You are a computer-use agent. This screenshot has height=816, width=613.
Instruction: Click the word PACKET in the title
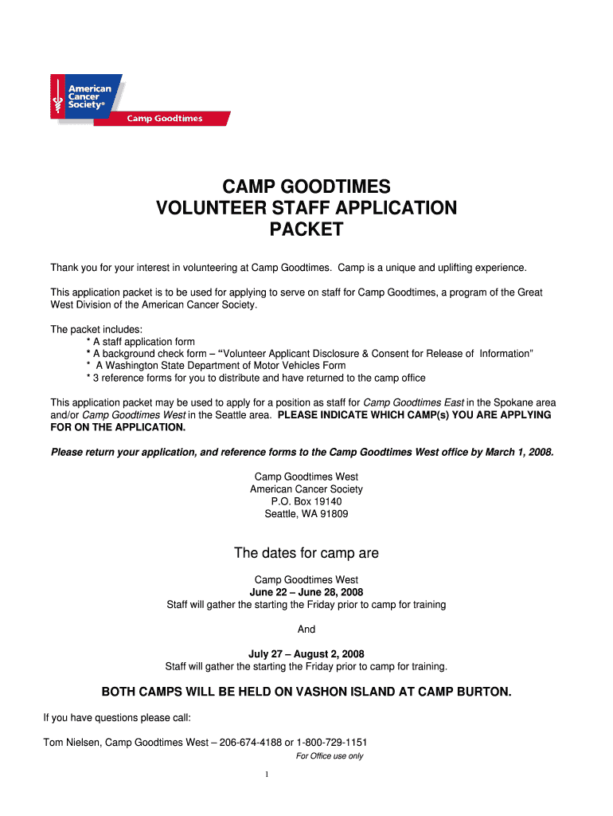(x=306, y=230)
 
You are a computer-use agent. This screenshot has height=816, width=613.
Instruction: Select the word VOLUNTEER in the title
(x=208, y=209)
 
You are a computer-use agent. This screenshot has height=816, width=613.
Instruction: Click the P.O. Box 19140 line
(x=306, y=501)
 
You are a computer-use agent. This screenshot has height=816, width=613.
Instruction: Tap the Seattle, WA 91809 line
(x=306, y=514)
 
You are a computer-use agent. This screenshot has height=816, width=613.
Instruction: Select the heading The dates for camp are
(x=306, y=553)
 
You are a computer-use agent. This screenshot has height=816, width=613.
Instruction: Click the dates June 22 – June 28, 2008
(x=306, y=592)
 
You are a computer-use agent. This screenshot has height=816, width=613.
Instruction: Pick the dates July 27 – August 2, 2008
(x=306, y=653)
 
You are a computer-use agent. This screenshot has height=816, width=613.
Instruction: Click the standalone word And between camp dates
(x=306, y=630)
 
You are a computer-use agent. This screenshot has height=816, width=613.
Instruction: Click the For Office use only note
(x=329, y=756)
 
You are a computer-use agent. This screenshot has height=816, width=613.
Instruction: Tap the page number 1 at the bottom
(x=267, y=775)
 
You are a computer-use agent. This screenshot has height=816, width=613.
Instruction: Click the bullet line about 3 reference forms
(x=256, y=378)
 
